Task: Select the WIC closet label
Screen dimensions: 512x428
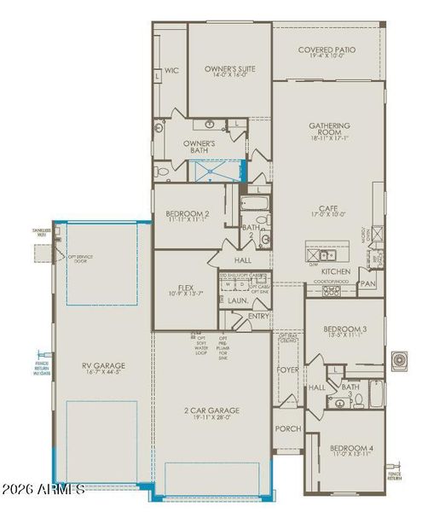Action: [171, 71]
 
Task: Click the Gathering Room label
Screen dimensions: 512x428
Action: [329, 131]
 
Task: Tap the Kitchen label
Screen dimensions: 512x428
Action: [335, 271]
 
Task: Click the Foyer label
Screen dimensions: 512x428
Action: [288, 369]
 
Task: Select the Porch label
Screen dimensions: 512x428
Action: [287, 428]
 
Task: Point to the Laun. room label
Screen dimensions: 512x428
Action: [237, 300]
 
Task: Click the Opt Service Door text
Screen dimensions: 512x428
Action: [81, 257]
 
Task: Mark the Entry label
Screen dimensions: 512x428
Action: [257, 316]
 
